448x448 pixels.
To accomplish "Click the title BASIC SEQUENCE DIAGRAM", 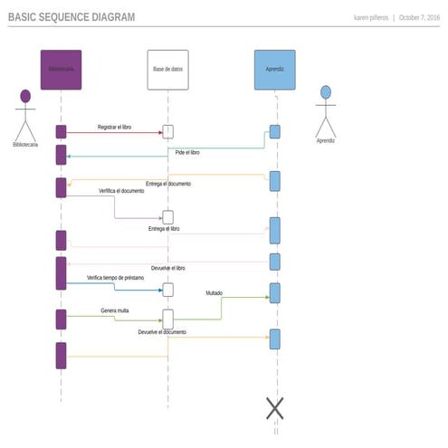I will coord(71,17).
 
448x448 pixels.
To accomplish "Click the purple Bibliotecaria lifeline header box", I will coord(61,70).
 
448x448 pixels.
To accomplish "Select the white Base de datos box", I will coord(167,70).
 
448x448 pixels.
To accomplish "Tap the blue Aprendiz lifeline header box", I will coord(274,70).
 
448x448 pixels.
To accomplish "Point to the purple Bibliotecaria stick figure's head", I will coord(25,95).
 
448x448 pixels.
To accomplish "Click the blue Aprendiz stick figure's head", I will coord(326,91).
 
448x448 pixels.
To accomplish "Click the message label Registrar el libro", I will coord(114,128).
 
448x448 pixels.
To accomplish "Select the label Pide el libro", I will coord(187,153).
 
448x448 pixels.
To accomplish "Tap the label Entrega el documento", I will coord(167,184).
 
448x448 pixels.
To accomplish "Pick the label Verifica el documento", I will coord(121,191).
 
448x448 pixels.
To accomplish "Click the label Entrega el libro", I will coord(164,229).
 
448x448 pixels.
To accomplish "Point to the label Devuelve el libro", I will coord(168,268).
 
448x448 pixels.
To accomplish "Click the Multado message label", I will coord(214,293).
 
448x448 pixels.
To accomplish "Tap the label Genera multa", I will coord(114,310).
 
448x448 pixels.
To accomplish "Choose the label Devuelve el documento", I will coord(162,332).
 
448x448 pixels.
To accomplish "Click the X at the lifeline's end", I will coord(275,408).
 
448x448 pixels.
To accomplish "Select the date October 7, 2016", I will coord(419,18).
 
